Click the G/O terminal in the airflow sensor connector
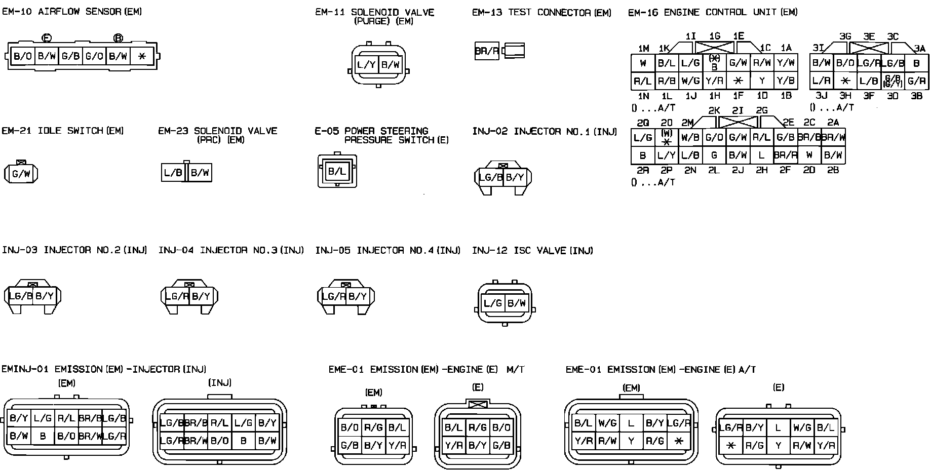point(94,56)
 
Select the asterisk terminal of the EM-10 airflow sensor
point(142,56)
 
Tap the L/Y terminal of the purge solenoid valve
point(366,64)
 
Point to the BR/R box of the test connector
point(487,51)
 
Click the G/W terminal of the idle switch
point(21,174)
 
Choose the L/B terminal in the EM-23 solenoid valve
point(173,173)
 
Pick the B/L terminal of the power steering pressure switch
point(337,171)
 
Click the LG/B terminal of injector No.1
point(490,177)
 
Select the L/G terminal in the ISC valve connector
point(492,303)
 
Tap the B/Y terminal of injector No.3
point(201,296)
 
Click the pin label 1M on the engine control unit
point(643,49)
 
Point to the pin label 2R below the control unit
point(642,171)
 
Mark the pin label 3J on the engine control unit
point(821,96)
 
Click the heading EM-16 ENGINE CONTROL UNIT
point(712,12)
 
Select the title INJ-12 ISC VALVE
point(532,250)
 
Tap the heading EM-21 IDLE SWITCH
point(63,131)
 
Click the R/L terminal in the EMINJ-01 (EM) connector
point(66,418)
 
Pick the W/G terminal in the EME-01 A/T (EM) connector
point(607,423)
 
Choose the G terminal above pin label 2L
point(714,155)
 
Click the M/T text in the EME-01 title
point(515,370)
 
